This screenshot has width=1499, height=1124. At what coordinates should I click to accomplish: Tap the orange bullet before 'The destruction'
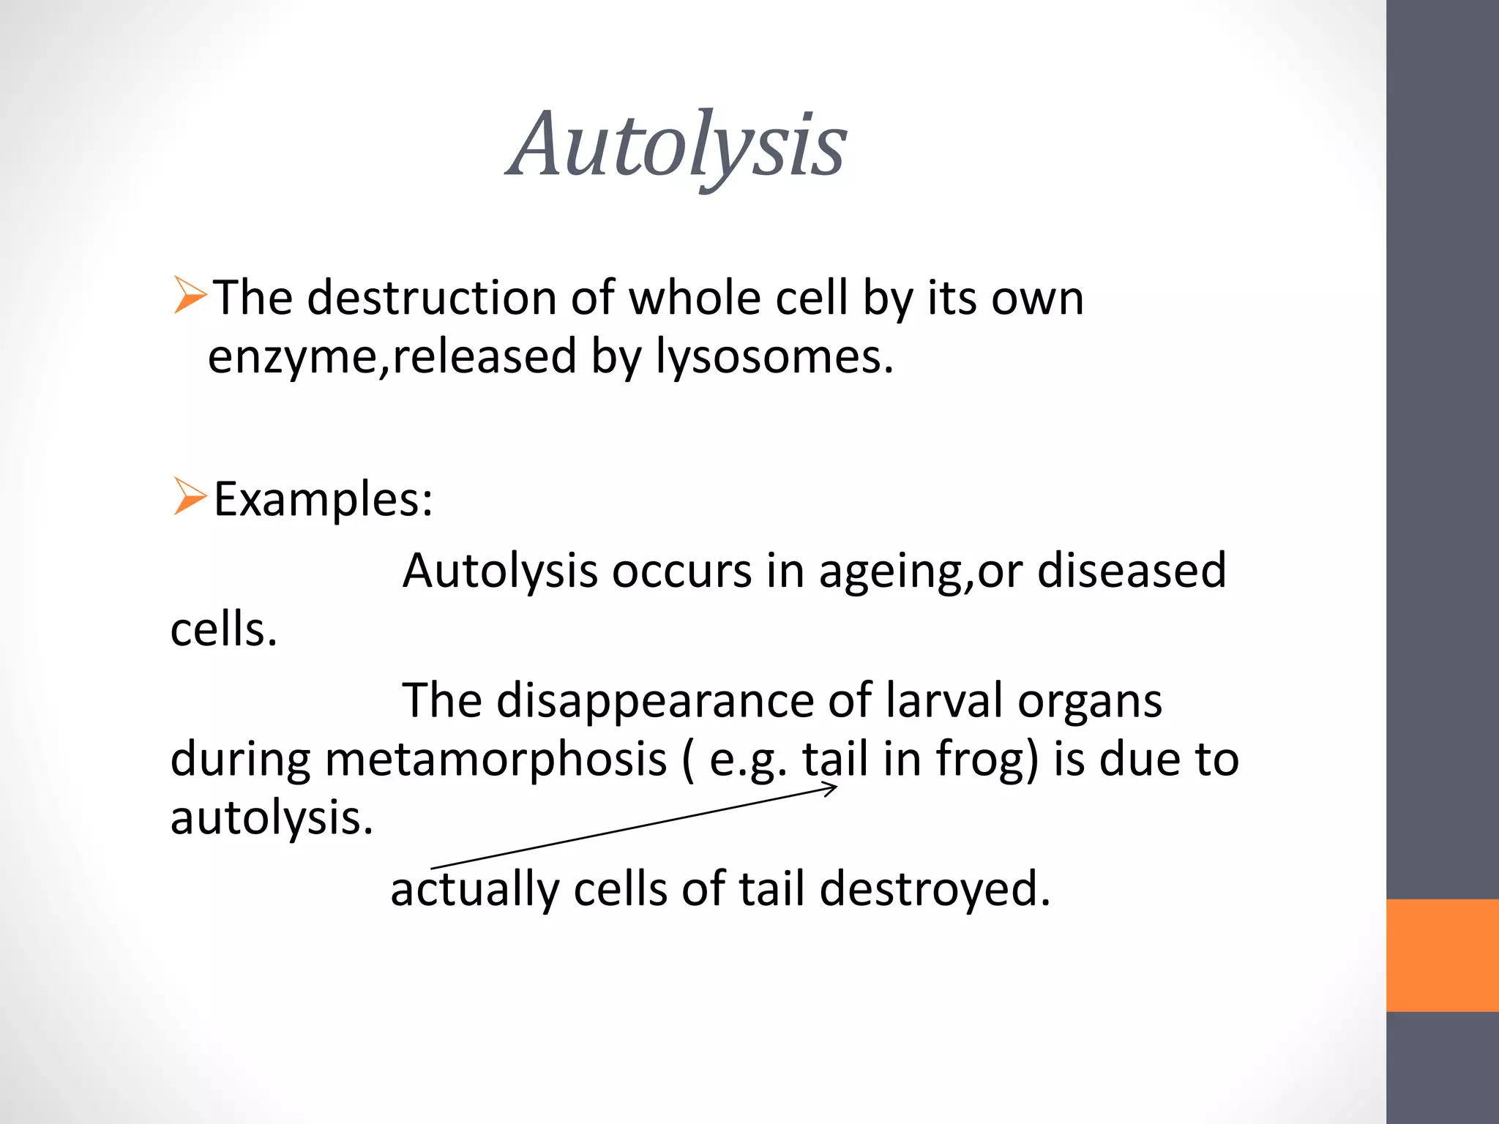190,296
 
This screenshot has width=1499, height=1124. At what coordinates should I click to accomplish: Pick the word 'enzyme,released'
392,357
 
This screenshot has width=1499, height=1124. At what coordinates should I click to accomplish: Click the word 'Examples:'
323,500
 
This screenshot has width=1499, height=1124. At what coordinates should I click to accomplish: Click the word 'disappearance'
655,701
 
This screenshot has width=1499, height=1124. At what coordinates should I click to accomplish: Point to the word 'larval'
943,700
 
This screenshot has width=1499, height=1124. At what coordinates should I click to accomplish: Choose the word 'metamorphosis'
496,760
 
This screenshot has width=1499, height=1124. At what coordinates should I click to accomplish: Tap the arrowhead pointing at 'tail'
831,789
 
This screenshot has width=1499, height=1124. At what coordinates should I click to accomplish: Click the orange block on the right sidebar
1442,955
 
